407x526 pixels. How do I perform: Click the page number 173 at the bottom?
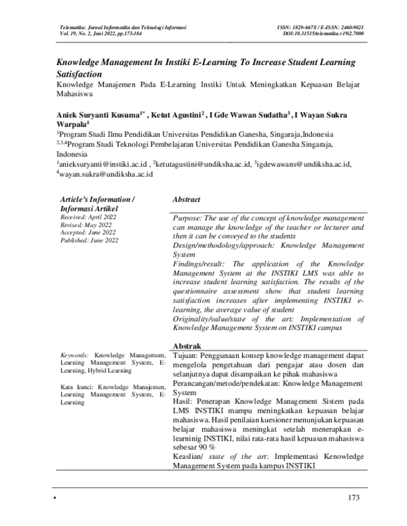tap(351, 499)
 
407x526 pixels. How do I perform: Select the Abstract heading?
tap(187, 201)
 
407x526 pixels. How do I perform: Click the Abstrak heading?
tap(187, 346)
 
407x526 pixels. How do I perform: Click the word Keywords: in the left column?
tap(75, 355)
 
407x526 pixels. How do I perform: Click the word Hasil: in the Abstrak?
tap(183, 401)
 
